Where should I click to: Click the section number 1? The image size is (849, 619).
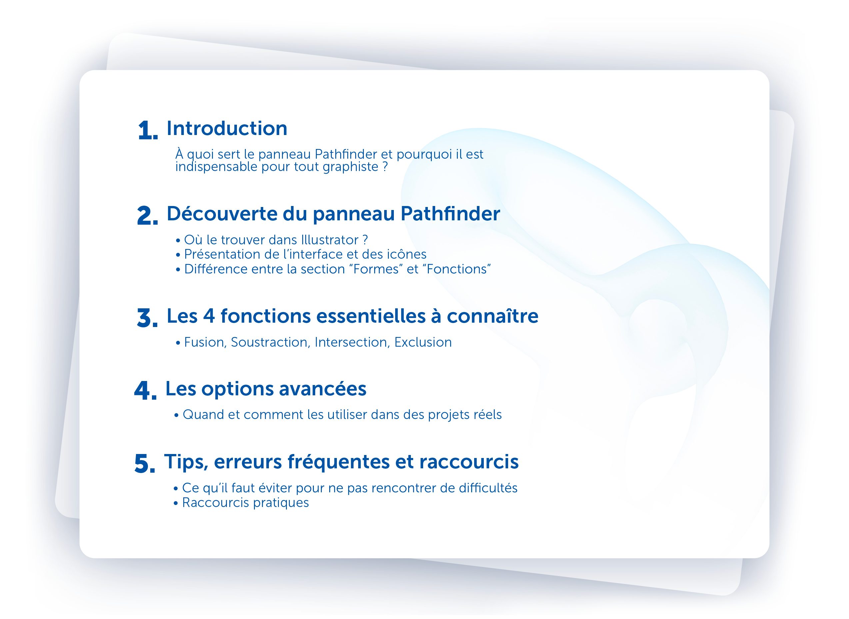coord(148,130)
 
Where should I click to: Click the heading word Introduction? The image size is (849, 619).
coord(227,129)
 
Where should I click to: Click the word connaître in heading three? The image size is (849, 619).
coord(492,316)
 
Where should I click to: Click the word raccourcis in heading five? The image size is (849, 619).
coord(469,462)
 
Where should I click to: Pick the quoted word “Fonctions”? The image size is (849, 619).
coord(458,269)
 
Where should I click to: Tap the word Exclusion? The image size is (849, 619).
coord(423,342)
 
